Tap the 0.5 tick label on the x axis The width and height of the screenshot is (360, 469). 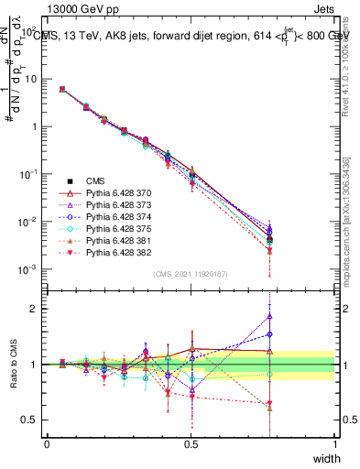(x=191, y=443)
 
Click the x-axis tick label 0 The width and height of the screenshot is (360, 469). (x=47, y=443)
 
